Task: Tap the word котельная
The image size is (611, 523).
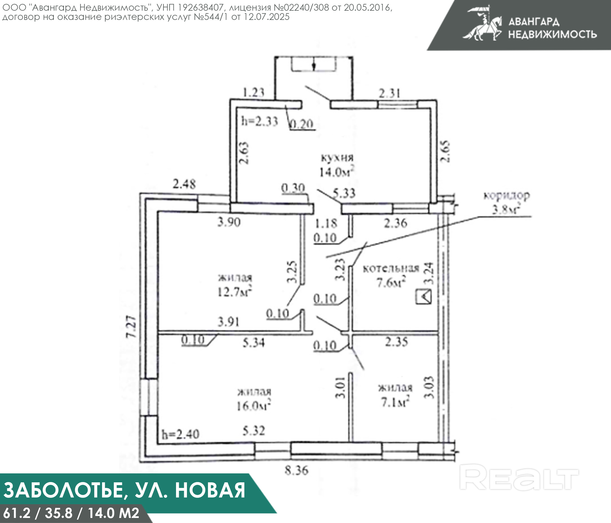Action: click(x=391, y=268)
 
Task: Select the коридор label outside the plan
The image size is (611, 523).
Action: click(x=507, y=196)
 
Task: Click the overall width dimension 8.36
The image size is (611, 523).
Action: click(x=297, y=470)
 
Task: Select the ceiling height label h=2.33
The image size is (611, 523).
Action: click(x=260, y=121)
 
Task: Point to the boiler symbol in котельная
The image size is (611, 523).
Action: click(x=423, y=297)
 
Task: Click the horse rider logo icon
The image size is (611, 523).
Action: click(x=482, y=24)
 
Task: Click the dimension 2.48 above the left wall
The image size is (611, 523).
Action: click(x=184, y=184)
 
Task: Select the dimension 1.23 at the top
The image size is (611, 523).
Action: click(x=253, y=93)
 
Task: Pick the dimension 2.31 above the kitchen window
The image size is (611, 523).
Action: click(x=390, y=93)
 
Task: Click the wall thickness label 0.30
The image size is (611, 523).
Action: click(x=293, y=188)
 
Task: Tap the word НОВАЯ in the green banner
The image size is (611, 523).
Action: click(x=210, y=490)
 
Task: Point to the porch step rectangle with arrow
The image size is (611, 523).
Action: click(x=314, y=64)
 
